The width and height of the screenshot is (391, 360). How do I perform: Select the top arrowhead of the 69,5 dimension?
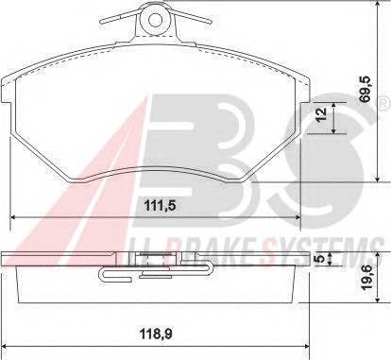click(x=377, y=5)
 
